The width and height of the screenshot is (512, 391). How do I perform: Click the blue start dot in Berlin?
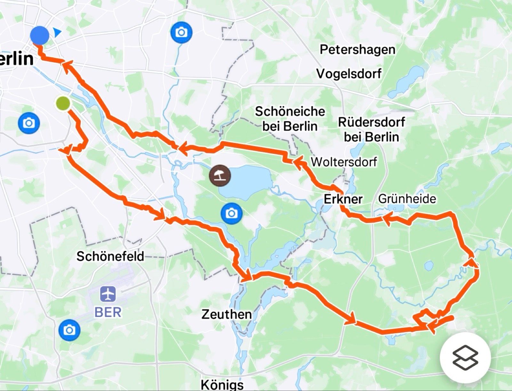(40, 35)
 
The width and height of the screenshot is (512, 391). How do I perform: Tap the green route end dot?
(63, 103)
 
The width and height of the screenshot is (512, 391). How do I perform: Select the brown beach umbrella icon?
(220, 176)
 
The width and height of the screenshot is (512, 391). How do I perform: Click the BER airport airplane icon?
(108, 294)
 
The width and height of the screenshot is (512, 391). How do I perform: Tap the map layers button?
(465, 358)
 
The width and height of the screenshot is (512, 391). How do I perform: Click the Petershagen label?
(357, 50)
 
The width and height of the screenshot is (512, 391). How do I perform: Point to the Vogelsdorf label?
(349, 74)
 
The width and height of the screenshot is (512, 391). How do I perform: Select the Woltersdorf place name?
(344, 162)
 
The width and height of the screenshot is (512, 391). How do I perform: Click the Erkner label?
(343, 199)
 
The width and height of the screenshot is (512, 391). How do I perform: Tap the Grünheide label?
(407, 199)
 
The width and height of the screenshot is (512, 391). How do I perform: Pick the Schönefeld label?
(110, 256)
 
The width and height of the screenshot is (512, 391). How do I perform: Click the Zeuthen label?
(226, 314)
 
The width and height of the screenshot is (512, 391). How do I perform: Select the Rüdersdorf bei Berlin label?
(372, 129)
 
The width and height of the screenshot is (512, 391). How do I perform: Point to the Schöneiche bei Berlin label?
(290, 119)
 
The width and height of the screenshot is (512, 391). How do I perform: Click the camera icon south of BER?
(69, 330)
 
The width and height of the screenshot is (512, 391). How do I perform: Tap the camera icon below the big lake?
(232, 213)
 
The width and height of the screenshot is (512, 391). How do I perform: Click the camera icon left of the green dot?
(29, 123)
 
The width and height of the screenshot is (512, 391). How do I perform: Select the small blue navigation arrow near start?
(57, 32)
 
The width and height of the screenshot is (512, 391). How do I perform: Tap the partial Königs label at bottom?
(222, 384)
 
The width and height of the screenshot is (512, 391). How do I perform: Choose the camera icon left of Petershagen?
(181, 32)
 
